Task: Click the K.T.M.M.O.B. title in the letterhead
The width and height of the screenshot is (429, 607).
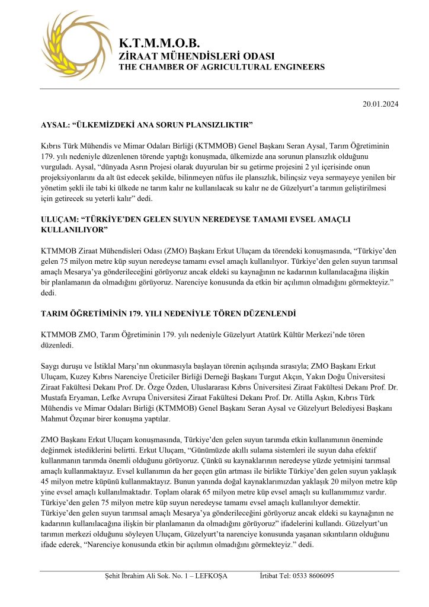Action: click(x=159, y=43)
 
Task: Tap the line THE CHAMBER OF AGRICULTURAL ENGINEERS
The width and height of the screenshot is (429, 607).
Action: click(x=222, y=67)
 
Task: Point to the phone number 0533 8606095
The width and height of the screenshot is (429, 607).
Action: click(x=313, y=576)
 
